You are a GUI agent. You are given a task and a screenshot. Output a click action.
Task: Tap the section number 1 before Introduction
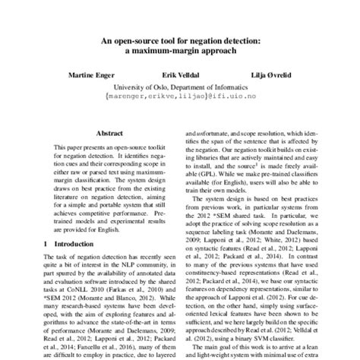click(46, 243)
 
